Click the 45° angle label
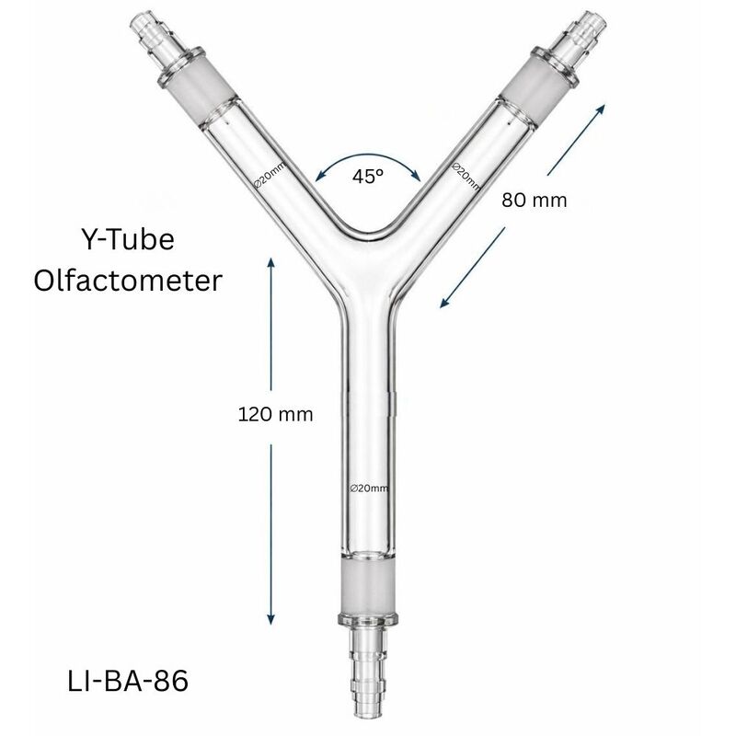(368, 177)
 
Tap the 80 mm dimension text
(535, 199)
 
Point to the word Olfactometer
(128, 280)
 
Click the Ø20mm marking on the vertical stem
(369, 487)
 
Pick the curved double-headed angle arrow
(368, 156)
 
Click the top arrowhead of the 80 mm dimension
(603, 109)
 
